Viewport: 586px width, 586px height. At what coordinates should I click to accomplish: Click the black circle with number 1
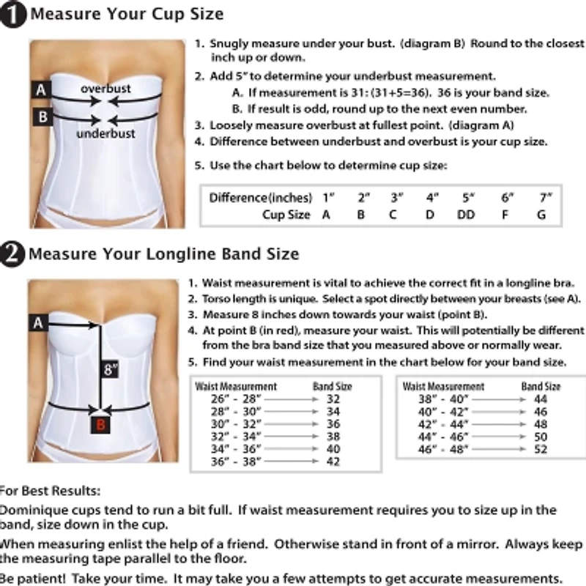point(14,15)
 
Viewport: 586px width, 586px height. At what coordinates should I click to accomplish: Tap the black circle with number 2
point(14,254)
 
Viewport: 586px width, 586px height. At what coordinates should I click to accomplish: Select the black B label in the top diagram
point(42,116)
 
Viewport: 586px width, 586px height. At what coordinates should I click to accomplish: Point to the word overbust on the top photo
point(106,89)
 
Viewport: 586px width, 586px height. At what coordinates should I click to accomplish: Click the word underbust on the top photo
point(106,134)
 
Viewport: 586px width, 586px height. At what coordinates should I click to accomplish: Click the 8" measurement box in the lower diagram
point(111,369)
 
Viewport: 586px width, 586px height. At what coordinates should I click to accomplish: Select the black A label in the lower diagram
point(39,322)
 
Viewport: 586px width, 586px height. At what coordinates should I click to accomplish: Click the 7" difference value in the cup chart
point(544,198)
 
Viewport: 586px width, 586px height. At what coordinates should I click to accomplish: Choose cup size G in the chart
point(541,215)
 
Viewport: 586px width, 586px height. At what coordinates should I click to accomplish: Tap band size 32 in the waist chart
point(333,399)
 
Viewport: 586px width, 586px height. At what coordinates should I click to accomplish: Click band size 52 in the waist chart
point(541,449)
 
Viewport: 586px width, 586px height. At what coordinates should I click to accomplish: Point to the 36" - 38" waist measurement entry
point(236,461)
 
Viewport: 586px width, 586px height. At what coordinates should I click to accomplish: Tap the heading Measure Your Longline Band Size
point(163,254)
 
